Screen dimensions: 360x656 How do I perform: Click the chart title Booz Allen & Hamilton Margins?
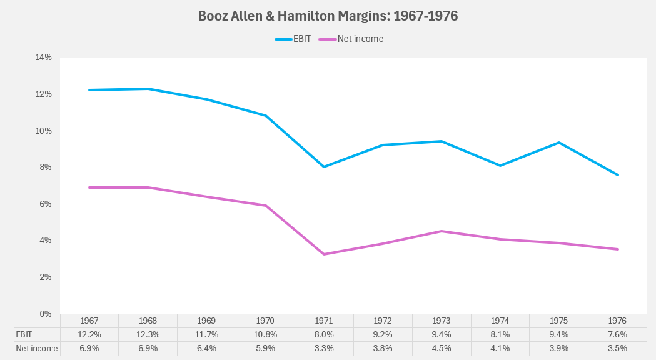coord(328,16)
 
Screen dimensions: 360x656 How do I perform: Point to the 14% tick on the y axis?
coord(43,57)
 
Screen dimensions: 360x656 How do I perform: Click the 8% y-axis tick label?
coord(46,167)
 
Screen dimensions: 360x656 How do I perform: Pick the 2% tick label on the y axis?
coord(46,277)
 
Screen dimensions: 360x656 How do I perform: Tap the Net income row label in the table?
coord(37,349)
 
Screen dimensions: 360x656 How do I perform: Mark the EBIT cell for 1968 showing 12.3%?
coord(148,335)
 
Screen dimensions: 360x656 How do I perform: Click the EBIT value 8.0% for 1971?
coord(325,335)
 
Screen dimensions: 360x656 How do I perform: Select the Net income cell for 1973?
coord(442,349)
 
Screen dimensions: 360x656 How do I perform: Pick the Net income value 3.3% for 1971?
coord(325,349)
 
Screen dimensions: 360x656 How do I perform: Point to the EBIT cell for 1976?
coord(618,335)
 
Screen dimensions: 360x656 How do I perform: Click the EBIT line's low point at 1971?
coord(325,167)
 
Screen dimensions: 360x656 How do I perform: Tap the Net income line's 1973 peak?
coord(442,231)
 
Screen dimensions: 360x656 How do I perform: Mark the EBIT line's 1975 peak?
coord(559,142)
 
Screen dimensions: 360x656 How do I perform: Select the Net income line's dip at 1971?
coord(325,254)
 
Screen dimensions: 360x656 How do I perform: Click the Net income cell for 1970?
coord(266,349)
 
